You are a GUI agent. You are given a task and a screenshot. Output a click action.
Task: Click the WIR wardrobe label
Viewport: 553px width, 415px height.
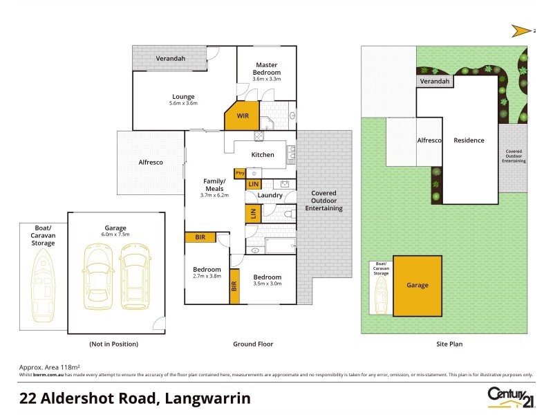[x=243, y=116]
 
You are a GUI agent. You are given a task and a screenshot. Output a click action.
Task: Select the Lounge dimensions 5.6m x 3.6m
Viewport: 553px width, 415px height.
[x=183, y=104]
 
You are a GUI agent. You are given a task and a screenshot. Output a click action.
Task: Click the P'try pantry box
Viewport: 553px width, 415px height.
[x=241, y=172]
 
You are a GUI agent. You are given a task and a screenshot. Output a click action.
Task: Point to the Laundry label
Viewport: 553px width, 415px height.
[x=270, y=195]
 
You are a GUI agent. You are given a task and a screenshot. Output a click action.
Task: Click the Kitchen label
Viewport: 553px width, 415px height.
[x=263, y=155]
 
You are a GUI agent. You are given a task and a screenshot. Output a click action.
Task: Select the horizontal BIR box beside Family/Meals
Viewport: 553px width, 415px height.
[x=200, y=237]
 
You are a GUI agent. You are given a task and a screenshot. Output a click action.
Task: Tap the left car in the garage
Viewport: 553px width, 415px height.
[x=97, y=278]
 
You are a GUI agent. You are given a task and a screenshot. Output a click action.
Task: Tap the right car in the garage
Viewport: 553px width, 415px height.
[x=133, y=278]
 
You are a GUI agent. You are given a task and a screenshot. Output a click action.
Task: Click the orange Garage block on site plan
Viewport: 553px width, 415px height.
[x=418, y=285]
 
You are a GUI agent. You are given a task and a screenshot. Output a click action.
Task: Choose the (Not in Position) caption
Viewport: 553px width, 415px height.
[x=113, y=344]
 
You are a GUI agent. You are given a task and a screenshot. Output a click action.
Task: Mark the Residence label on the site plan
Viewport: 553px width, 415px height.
[x=469, y=140]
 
